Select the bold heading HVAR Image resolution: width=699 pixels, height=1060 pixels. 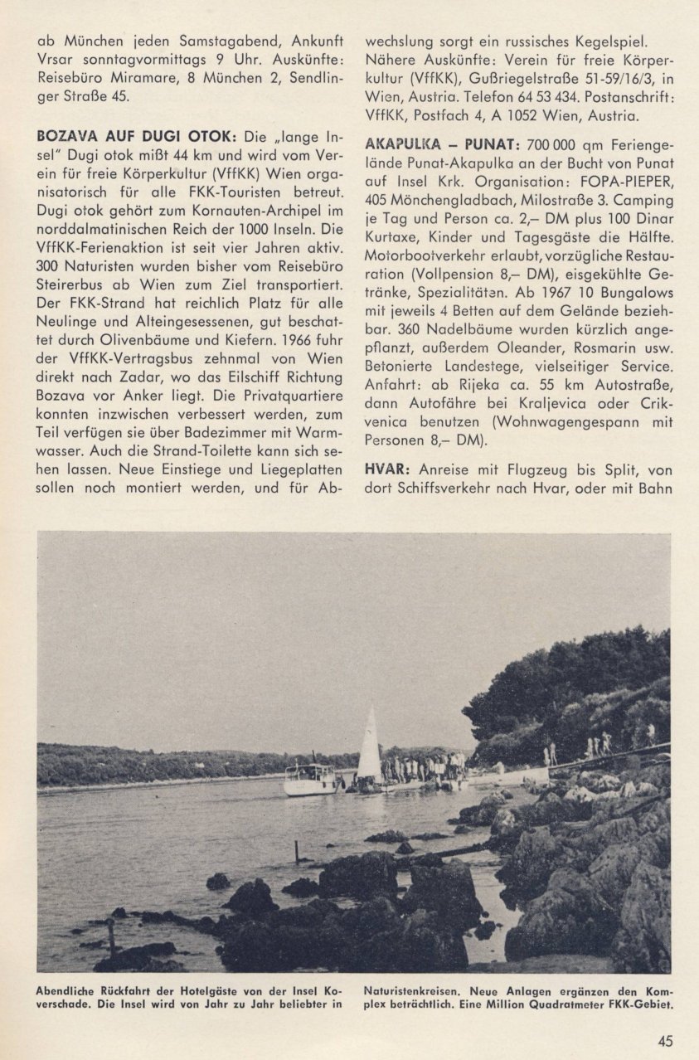click(384, 469)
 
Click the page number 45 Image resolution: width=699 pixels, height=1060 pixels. click(665, 1042)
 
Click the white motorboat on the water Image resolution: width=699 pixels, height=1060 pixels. click(311, 780)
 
